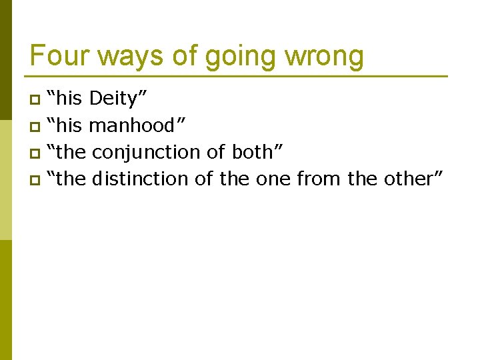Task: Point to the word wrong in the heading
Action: pyautogui.click(x=324, y=57)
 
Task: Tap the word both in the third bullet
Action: pyautogui.click(x=257, y=152)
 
